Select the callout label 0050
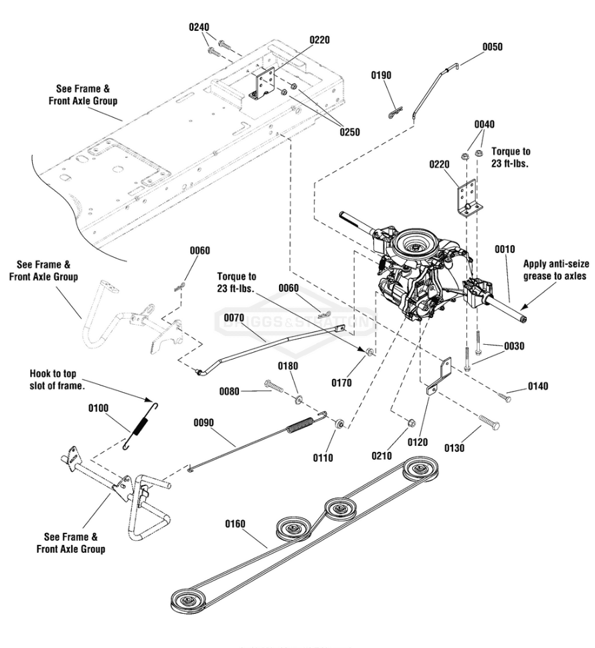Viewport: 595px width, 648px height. tap(492, 47)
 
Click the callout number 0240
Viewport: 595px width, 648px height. tap(199, 27)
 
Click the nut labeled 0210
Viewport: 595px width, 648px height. tap(411, 422)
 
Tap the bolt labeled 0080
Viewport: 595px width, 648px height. tap(274, 386)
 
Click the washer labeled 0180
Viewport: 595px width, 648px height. tap(297, 400)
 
